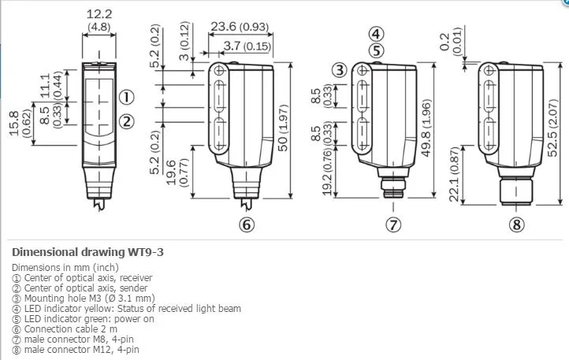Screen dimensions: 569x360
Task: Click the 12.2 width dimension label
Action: (99, 14)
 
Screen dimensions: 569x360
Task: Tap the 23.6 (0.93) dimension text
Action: (240, 27)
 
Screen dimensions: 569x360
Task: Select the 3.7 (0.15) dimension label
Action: (247, 46)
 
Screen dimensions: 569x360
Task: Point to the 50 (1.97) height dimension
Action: (283, 128)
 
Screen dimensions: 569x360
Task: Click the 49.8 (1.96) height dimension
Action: (426, 128)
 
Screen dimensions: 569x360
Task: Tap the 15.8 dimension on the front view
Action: (13, 124)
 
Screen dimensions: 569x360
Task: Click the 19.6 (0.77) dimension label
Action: (177, 173)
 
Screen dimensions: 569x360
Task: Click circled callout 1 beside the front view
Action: (127, 97)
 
